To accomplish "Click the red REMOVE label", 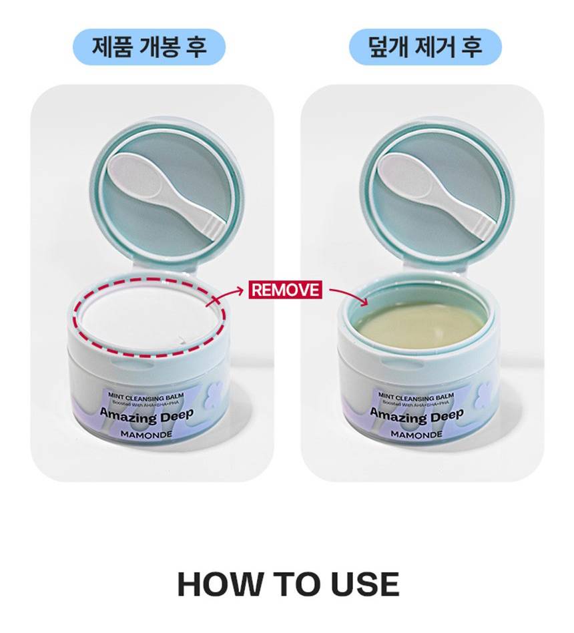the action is click(x=285, y=290).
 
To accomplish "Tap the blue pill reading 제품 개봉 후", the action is click(x=149, y=47).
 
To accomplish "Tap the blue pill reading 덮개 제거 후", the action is click(x=425, y=47).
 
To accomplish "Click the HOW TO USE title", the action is click(x=288, y=584).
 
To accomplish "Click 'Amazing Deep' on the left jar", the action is click(x=147, y=415).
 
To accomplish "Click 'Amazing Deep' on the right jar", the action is click(x=417, y=415).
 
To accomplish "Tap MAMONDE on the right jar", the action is click(x=416, y=435).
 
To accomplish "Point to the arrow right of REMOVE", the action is click(x=348, y=294).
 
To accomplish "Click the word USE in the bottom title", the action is click(x=365, y=584).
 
